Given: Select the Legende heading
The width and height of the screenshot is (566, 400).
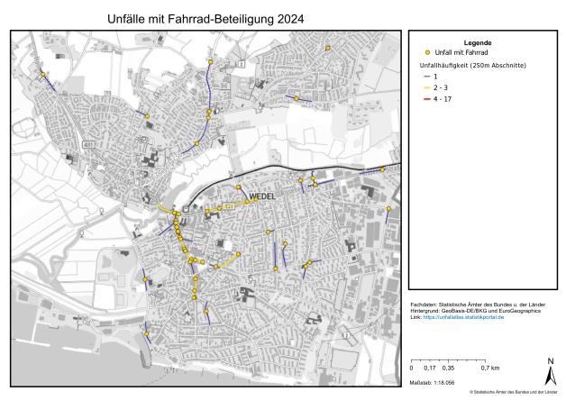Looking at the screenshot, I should click(x=477, y=43).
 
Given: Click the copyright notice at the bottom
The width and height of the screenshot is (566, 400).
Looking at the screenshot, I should click(x=514, y=393).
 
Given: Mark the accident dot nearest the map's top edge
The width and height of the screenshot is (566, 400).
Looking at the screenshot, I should click(x=328, y=48).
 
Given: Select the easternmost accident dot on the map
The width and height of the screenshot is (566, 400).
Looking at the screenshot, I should click(x=388, y=210).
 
